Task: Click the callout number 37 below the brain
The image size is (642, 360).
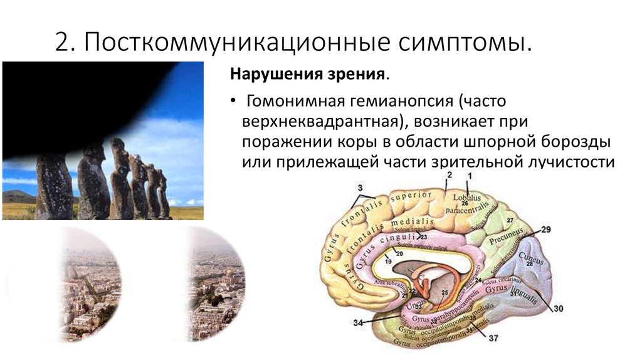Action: pos(493,339)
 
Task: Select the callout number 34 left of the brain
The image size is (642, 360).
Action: pos(358,323)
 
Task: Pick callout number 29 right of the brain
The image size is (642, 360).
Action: pos(545,230)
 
